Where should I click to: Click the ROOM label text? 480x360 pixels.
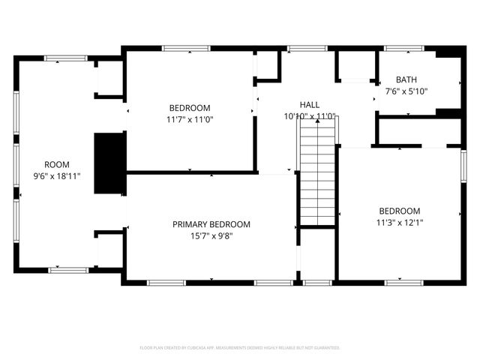57,164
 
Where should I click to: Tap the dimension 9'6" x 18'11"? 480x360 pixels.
57,175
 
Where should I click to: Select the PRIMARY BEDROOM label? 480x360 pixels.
211,224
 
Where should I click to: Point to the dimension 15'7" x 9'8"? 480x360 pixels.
211,235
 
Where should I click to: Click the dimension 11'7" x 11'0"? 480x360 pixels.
190,118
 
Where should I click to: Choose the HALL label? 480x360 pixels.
310,105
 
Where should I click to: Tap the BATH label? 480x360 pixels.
406,79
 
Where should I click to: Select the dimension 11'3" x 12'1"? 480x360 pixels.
399,222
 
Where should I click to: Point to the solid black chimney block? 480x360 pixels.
109,163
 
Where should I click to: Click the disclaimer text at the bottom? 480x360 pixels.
240,348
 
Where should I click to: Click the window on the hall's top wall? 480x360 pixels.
302,49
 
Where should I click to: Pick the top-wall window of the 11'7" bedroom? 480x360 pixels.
186,49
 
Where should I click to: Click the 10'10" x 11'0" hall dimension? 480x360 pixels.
310,116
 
